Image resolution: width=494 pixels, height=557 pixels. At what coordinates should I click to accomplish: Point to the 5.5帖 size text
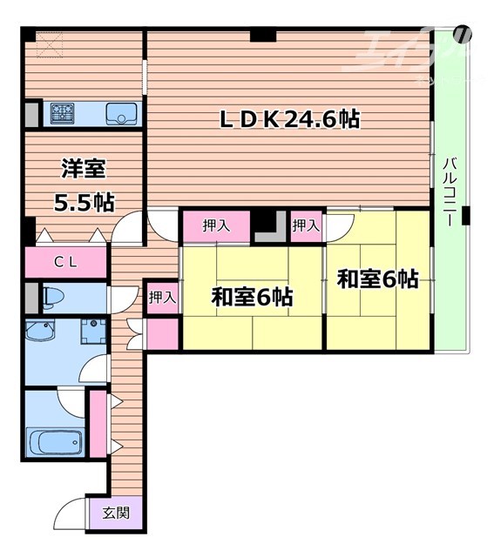(x=82, y=203)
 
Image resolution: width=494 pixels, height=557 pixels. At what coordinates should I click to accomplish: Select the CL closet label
(x=64, y=261)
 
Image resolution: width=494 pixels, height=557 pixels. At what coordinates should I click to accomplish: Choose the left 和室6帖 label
(x=252, y=297)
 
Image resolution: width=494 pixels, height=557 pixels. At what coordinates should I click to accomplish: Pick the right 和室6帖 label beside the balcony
(x=377, y=279)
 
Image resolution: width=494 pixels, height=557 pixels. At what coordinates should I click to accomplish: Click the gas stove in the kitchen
(x=64, y=113)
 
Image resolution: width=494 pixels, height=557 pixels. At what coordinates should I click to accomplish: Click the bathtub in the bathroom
(x=54, y=442)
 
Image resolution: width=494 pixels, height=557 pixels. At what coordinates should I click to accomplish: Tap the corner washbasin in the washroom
(x=40, y=332)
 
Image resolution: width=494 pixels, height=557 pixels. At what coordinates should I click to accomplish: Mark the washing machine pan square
(x=92, y=332)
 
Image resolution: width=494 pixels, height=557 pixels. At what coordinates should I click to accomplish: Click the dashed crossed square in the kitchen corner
(x=48, y=44)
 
